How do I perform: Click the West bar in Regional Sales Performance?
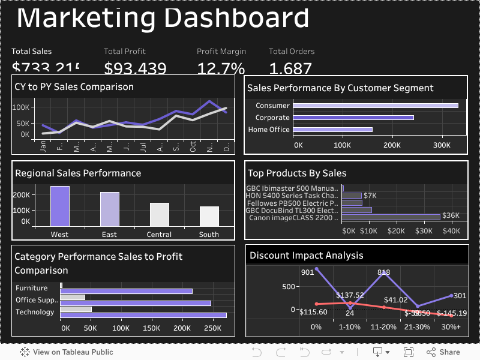pyautogui.click(x=59, y=206)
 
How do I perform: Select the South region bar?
pyautogui.click(x=209, y=215)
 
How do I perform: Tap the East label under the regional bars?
pyautogui.click(x=109, y=235)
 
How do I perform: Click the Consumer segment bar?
pyautogui.click(x=375, y=106)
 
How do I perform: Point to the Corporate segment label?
pyautogui.click(x=272, y=118)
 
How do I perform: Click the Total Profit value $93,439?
pyautogui.click(x=135, y=68)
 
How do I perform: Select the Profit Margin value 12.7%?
pyautogui.click(x=221, y=68)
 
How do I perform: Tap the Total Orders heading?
pyautogui.click(x=292, y=52)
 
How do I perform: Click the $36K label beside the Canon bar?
pyautogui.click(x=450, y=215)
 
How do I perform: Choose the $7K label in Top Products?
pyautogui.click(x=370, y=196)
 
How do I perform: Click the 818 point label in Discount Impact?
pyautogui.click(x=383, y=272)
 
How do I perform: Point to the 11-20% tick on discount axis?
pyautogui.click(x=383, y=327)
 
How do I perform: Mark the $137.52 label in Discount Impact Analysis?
pyautogui.click(x=350, y=295)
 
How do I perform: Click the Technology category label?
pyautogui.click(x=35, y=312)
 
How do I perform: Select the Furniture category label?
pyautogui.click(x=31, y=288)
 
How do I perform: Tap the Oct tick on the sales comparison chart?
pyautogui.click(x=193, y=146)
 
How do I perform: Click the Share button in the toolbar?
pyautogui.click(x=443, y=352)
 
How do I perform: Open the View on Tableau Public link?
pyautogui.click(x=67, y=352)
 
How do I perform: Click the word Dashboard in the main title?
pyautogui.click(x=236, y=18)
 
